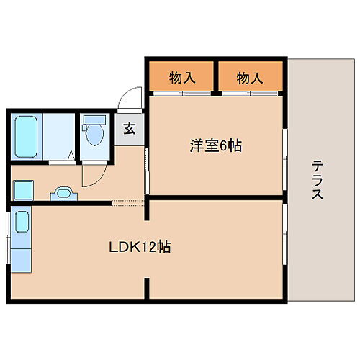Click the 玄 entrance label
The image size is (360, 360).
pos(130,129)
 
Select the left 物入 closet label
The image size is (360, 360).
pos(182,77)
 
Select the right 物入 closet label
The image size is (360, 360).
pos(249,77)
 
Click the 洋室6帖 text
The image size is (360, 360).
pos(217,146)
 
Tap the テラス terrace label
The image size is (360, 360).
pos(317,180)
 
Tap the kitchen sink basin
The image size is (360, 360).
pos(22,222)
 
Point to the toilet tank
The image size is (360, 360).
pos(94,120)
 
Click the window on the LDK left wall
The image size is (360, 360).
pos(9,238)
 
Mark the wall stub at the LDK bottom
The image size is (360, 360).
pos(148,288)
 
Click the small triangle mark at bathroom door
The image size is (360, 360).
pos(71,155)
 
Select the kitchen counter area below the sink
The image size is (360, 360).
pos(22,256)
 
